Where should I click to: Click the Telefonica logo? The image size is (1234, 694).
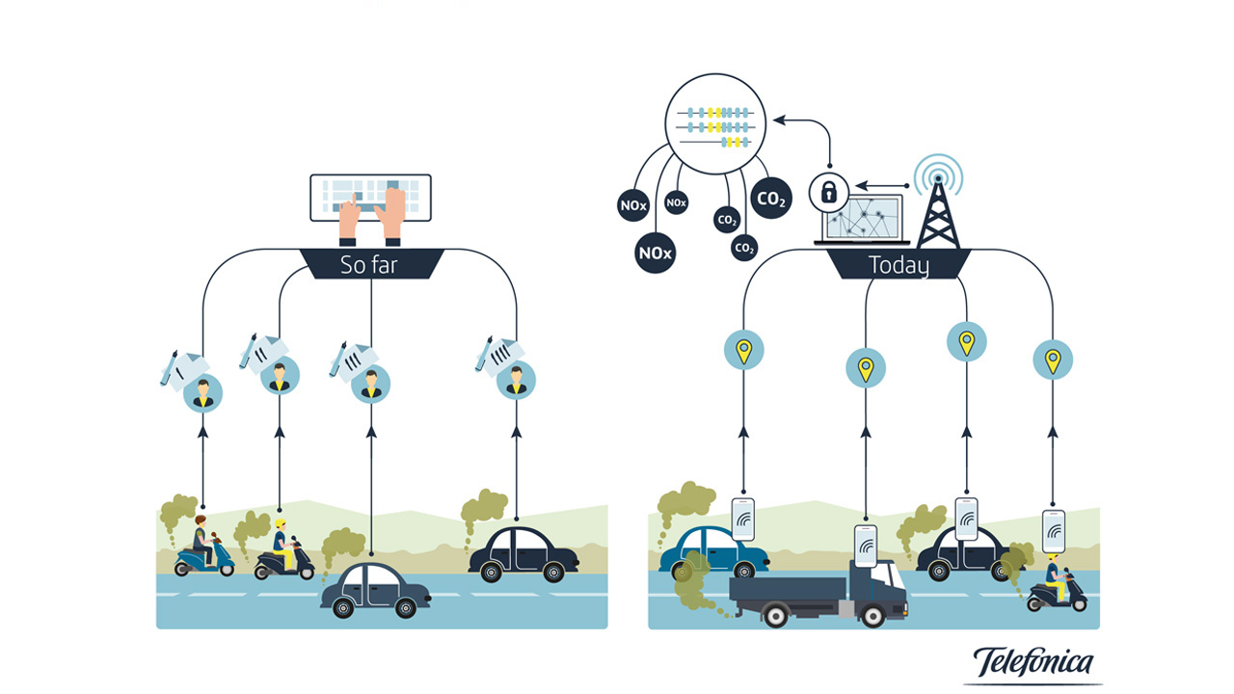click(x=1033, y=664)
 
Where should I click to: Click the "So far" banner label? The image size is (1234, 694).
click(x=368, y=265)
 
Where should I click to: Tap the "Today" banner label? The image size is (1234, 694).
click(x=898, y=265)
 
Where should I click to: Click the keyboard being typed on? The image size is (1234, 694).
click(x=370, y=197)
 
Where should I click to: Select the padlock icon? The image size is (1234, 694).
click(x=828, y=191)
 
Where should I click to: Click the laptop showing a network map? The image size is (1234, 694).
click(x=862, y=220)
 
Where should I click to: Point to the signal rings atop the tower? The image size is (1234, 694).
click(x=938, y=173)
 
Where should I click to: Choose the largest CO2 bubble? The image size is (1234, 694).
click(x=771, y=200)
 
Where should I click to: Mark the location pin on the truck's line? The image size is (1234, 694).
click(x=866, y=367)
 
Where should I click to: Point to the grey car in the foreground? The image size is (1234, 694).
click(x=374, y=590)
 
